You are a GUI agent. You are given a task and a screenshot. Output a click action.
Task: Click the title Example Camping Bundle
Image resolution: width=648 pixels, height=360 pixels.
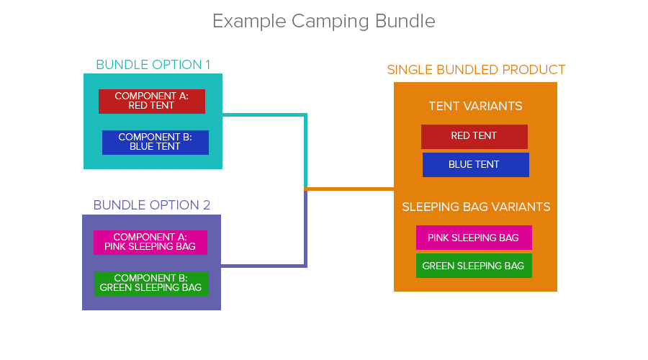[323, 22]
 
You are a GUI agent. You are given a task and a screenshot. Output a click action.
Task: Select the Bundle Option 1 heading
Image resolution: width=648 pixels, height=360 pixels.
[153, 65]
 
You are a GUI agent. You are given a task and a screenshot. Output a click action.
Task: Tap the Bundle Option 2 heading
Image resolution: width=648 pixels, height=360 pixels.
[152, 205]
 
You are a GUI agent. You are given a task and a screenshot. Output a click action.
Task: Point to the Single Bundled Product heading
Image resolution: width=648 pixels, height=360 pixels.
[476, 69]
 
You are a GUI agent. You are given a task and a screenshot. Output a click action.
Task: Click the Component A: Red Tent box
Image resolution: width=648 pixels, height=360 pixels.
[152, 102]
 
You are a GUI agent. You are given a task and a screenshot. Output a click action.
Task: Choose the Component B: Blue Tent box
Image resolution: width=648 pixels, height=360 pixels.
[156, 143]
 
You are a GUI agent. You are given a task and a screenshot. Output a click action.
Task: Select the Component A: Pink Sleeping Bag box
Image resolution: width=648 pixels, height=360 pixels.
[150, 243]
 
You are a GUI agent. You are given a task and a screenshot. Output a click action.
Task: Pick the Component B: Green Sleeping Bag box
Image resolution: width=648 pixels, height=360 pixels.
[151, 284]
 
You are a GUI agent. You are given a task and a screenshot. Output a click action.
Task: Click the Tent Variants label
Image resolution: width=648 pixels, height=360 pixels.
[476, 107]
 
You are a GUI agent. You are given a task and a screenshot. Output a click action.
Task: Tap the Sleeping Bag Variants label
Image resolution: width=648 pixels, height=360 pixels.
[476, 207]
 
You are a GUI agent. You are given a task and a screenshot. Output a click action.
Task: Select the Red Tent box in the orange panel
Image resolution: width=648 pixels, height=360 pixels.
[474, 137]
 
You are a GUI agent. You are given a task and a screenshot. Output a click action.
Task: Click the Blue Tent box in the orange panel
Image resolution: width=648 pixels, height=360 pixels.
[476, 165]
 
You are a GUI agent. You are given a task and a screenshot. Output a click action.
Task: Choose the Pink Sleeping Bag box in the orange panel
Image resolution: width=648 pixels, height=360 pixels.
[474, 238]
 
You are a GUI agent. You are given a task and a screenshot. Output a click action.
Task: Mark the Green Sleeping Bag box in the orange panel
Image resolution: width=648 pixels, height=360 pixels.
[474, 266]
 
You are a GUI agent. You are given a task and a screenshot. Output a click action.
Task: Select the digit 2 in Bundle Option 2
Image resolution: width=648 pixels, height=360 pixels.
[207, 205]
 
